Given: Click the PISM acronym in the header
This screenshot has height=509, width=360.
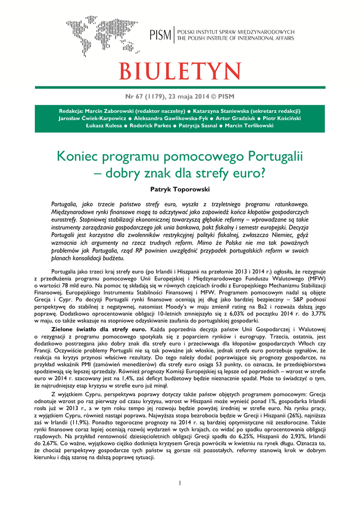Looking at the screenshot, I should point(160,35).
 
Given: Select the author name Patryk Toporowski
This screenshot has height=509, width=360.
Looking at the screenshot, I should point(180,190).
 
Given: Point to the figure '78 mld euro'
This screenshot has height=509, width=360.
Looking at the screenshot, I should point(89,286).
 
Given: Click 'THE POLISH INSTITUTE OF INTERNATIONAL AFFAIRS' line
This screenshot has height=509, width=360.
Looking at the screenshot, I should point(236,38).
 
